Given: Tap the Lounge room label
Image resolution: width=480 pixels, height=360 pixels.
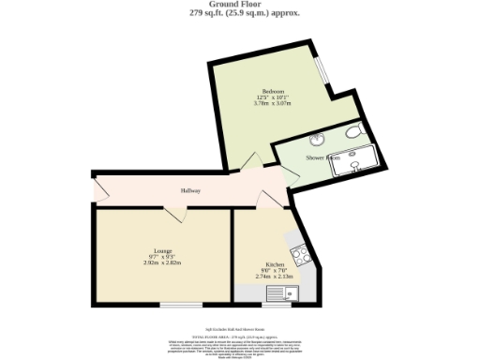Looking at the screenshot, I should click(162, 249).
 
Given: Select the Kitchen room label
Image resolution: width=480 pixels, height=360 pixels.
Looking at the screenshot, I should click(275, 264).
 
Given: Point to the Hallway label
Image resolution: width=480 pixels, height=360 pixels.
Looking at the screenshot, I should click(191, 191).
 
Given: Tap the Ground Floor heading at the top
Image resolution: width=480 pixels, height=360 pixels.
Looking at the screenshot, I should click(239, 5).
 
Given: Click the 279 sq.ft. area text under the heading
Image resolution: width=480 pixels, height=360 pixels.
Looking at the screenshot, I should click(239, 13).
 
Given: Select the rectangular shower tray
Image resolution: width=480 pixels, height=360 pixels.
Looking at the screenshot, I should click(355, 160).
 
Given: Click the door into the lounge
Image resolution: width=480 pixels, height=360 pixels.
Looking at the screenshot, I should click(172, 215).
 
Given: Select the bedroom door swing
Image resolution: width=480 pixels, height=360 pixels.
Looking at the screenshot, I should click(247, 162).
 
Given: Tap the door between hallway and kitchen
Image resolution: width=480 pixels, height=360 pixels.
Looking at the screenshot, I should click(271, 200).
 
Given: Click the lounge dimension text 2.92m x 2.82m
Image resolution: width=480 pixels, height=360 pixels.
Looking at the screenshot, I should click(162, 263).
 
